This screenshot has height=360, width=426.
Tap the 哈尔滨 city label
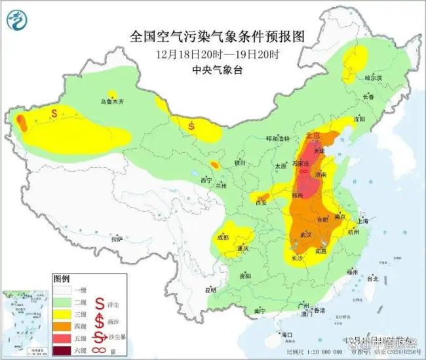click(x=372, y=78)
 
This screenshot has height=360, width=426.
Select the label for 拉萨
click(x=117, y=239)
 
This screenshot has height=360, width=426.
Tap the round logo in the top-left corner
click(x=18, y=21)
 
